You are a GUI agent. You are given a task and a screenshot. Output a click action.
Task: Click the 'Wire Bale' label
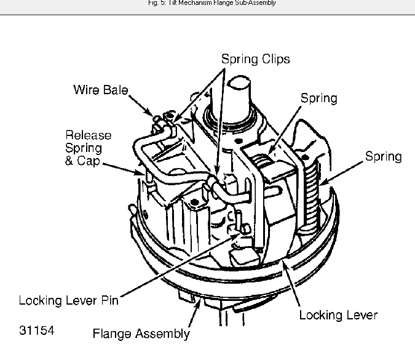(100, 90)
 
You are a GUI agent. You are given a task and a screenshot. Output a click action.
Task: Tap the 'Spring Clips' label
(255, 60)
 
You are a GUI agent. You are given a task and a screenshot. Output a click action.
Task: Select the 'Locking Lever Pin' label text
(68, 301)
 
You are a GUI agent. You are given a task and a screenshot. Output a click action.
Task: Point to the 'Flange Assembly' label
(141, 334)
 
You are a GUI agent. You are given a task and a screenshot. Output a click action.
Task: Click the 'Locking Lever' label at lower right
(338, 315)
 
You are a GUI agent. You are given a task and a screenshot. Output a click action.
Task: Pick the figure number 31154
(36, 331)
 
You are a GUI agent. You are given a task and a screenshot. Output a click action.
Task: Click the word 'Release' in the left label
(89, 135)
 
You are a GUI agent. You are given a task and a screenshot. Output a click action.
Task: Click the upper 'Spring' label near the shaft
(318, 98)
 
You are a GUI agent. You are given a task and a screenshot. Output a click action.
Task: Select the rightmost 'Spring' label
(383, 156)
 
